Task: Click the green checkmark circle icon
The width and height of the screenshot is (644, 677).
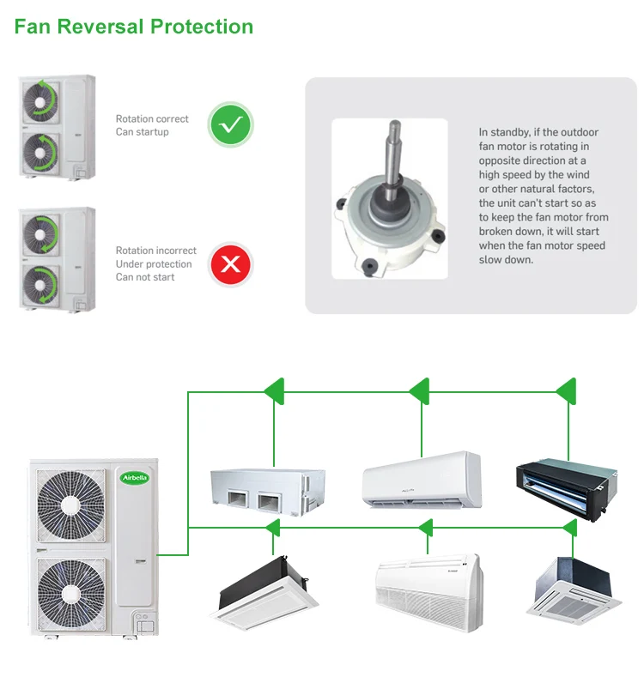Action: (x=230, y=126)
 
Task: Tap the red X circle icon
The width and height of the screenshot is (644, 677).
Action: (x=230, y=263)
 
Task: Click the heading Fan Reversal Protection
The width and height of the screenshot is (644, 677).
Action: (x=134, y=27)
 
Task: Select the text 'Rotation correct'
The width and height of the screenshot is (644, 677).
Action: (x=152, y=119)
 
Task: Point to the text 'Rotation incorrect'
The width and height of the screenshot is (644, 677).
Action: (x=156, y=251)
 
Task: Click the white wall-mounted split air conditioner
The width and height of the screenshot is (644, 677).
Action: (x=421, y=479)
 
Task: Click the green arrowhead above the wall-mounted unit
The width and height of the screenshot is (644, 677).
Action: (x=419, y=391)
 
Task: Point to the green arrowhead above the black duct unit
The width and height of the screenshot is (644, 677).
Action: (x=566, y=391)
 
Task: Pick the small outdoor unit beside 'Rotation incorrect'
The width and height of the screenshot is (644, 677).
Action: (x=57, y=259)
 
